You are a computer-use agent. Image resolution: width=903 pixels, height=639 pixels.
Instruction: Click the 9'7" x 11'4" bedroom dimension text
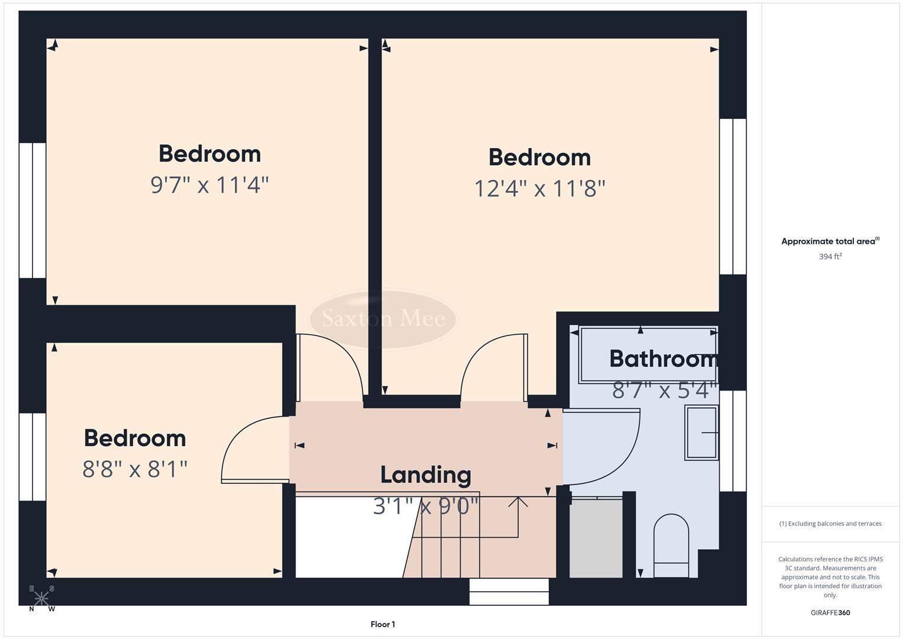pos(209,185)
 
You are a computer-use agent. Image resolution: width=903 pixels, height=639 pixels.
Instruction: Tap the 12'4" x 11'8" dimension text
pos(539,189)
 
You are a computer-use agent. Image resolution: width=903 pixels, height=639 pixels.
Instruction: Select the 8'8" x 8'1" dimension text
pos(135,470)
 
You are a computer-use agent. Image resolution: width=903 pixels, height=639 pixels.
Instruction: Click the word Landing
pos(425,475)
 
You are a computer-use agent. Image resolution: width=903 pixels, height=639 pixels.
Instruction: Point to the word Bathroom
pos(663,359)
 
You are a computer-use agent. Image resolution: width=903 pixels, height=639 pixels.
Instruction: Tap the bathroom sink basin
pos(702,433)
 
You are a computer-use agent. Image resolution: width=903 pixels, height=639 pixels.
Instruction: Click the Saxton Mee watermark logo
pos(383,318)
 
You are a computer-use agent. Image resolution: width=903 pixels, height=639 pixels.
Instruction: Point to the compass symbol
pos(41,598)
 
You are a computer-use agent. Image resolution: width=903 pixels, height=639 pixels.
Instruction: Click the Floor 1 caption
pos(383,624)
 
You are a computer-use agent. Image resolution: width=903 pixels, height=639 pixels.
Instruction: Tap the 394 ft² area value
pos(830,257)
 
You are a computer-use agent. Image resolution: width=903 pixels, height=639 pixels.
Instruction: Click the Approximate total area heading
pos(830,241)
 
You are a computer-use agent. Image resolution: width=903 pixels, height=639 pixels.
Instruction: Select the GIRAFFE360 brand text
pos(830,613)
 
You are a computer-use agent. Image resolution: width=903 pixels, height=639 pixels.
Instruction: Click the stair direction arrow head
pos(519,502)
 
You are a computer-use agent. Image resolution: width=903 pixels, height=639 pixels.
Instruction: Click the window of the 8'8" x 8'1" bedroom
pos(33,457)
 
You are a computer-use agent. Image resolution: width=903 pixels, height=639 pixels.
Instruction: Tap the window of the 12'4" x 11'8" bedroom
pos(733,196)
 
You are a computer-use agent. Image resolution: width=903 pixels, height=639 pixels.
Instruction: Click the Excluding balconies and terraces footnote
pos(830,524)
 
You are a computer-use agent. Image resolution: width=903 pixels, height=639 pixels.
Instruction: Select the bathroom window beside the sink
pos(733,441)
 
